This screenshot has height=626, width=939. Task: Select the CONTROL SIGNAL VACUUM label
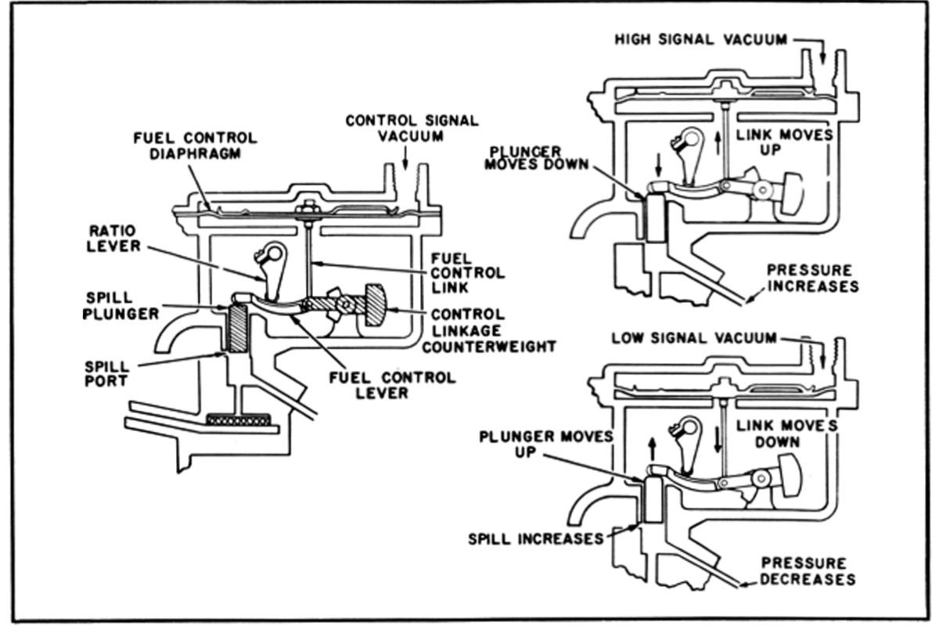pyautogui.click(x=412, y=128)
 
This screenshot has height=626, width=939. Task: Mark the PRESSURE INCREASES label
pyautogui.click(x=812, y=277)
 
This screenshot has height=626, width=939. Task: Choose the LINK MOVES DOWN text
pyautogui.click(x=784, y=434)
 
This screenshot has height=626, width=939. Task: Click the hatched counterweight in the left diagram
pyautogui.click(x=373, y=302)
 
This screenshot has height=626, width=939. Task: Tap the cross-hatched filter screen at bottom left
pyautogui.click(x=239, y=420)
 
